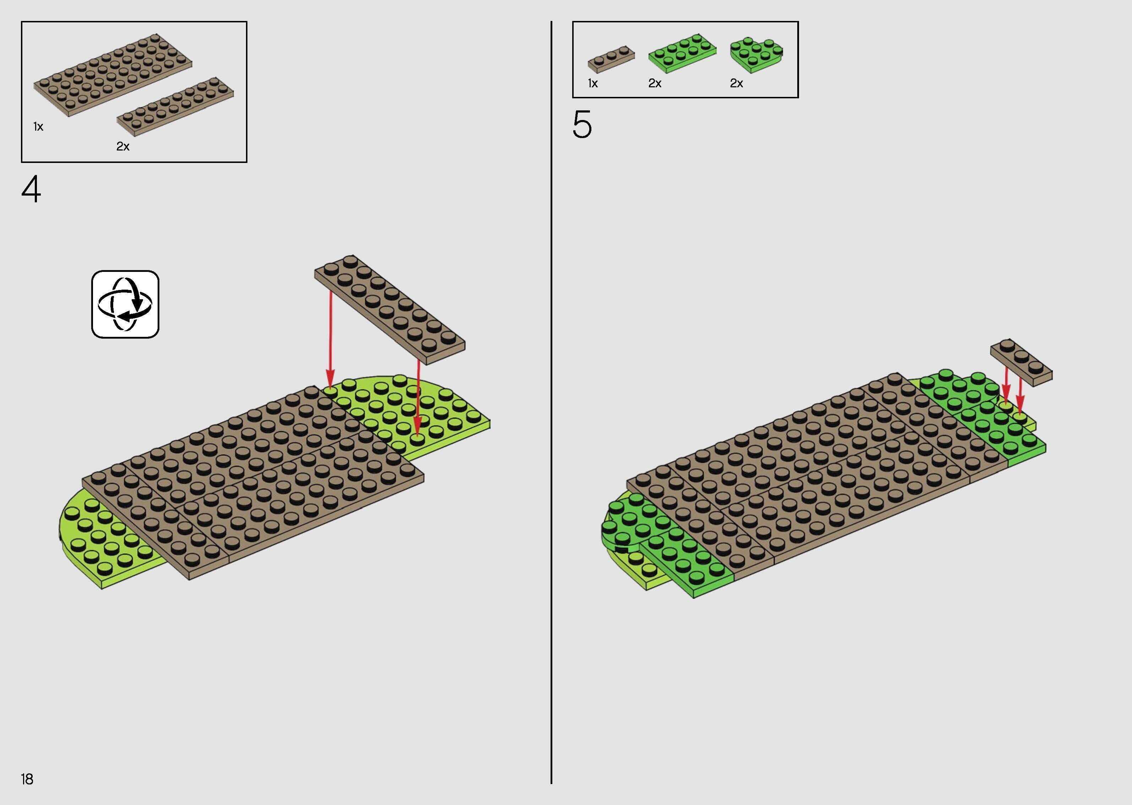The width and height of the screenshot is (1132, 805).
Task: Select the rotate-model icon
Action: (125, 304)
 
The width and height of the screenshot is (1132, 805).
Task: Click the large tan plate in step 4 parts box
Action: (113, 75)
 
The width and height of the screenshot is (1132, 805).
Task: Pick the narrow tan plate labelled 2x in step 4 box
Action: (175, 106)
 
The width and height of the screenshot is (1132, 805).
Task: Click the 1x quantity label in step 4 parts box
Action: (38, 127)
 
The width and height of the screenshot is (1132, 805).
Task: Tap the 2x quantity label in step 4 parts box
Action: (123, 146)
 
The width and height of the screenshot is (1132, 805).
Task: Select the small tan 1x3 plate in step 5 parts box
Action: (611, 60)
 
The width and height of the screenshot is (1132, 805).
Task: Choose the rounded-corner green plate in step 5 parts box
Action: (756, 54)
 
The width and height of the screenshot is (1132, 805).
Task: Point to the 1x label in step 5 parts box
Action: (593, 83)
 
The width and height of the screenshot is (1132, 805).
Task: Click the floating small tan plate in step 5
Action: (1021, 362)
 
